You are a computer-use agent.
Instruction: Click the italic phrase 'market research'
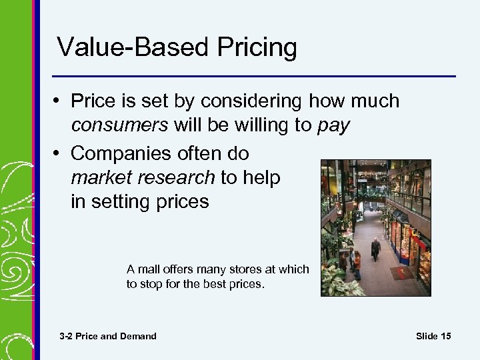pyautogui.click(x=143, y=177)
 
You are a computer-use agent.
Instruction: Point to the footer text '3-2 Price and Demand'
pyautogui.click(x=108, y=336)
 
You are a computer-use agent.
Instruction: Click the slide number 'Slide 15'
pyautogui.click(x=433, y=336)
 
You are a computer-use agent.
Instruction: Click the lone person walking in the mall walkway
pyautogui.click(x=375, y=249)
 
